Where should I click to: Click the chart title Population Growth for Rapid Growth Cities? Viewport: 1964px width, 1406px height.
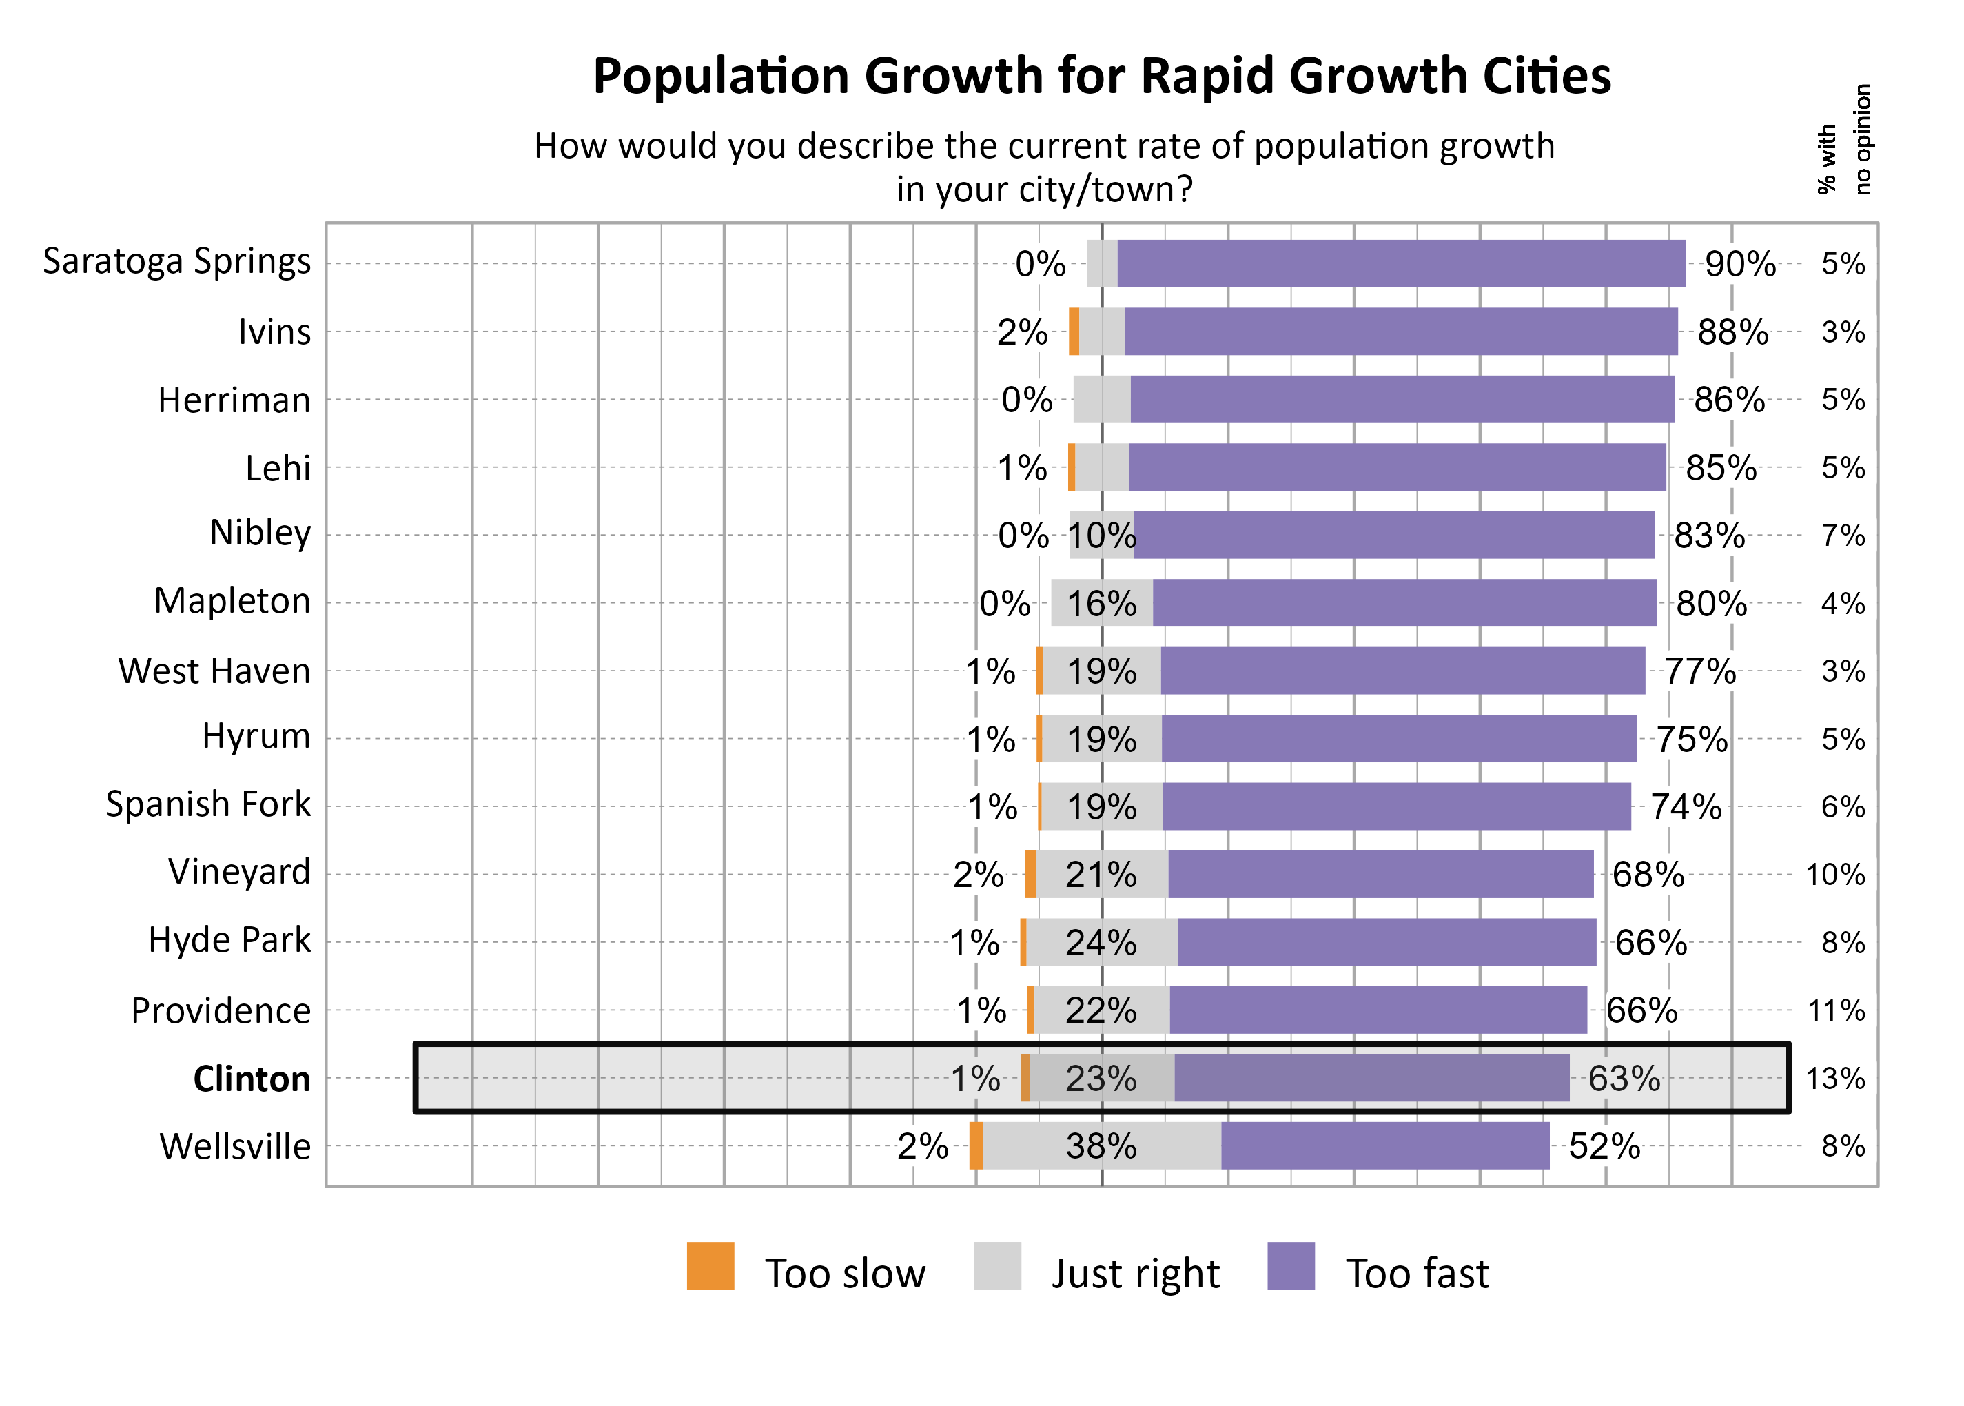pos(1101,77)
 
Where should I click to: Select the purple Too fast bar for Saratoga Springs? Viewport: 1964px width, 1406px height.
pos(1400,263)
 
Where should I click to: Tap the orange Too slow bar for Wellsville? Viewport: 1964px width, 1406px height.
pos(976,1145)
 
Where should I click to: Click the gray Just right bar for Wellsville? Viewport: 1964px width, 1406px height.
pos(1101,1145)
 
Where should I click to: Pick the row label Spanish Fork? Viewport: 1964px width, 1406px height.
pos(207,804)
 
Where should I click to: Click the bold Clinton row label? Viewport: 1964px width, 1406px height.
pos(251,1079)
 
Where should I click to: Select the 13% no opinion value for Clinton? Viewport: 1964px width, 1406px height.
pos(1834,1079)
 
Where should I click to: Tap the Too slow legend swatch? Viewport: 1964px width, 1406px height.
pos(710,1266)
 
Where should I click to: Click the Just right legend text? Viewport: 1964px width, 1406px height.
pos(1135,1274)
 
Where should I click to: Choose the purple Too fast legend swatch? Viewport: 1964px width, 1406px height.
pos(1290,1266)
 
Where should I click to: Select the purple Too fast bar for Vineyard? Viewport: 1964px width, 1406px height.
pos(1380,875)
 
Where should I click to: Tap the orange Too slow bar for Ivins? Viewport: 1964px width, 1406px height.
pos(1074,332)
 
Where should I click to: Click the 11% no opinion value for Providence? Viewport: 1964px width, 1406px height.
pos(1835,1010)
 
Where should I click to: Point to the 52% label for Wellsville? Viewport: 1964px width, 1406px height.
pos(1603,1146)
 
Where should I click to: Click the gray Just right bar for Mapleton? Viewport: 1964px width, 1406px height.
pos(1101,602)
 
